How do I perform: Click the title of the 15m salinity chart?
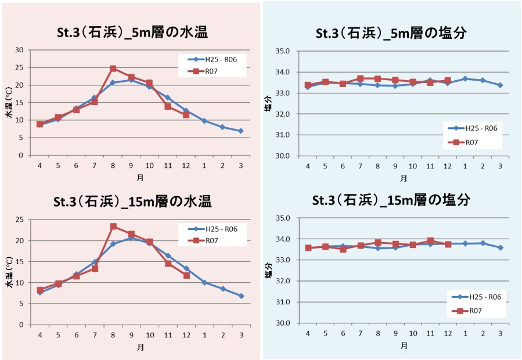point(391,200)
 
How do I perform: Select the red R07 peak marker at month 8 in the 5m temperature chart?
point(113,69)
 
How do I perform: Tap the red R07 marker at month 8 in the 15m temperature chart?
point(113,226)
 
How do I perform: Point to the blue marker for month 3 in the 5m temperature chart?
point(241,131)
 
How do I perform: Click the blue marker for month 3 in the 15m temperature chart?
point(241,296)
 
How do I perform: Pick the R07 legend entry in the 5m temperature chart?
point(211,71)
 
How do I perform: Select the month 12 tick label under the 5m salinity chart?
point(447,165)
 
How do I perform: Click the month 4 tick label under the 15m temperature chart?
point(40,335)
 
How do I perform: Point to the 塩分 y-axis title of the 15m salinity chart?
point(268,271)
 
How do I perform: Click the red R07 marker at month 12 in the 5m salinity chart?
point(448,81)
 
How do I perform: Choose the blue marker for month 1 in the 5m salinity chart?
point(465,78)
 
